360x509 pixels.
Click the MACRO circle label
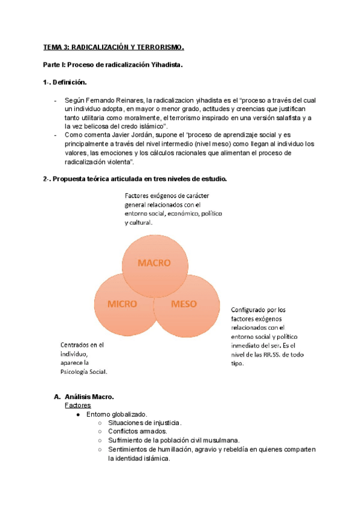(x=154, y=263)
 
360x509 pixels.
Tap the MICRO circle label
(x=122, y=304)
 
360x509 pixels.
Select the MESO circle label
(x=184, y=304)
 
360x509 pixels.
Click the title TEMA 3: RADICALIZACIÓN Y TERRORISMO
(x=113, y=47)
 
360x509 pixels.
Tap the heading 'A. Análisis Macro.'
(x=83, y=397)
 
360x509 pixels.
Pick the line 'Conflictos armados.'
(x=137, y=432)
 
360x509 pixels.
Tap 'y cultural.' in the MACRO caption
(x=139, y=223)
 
